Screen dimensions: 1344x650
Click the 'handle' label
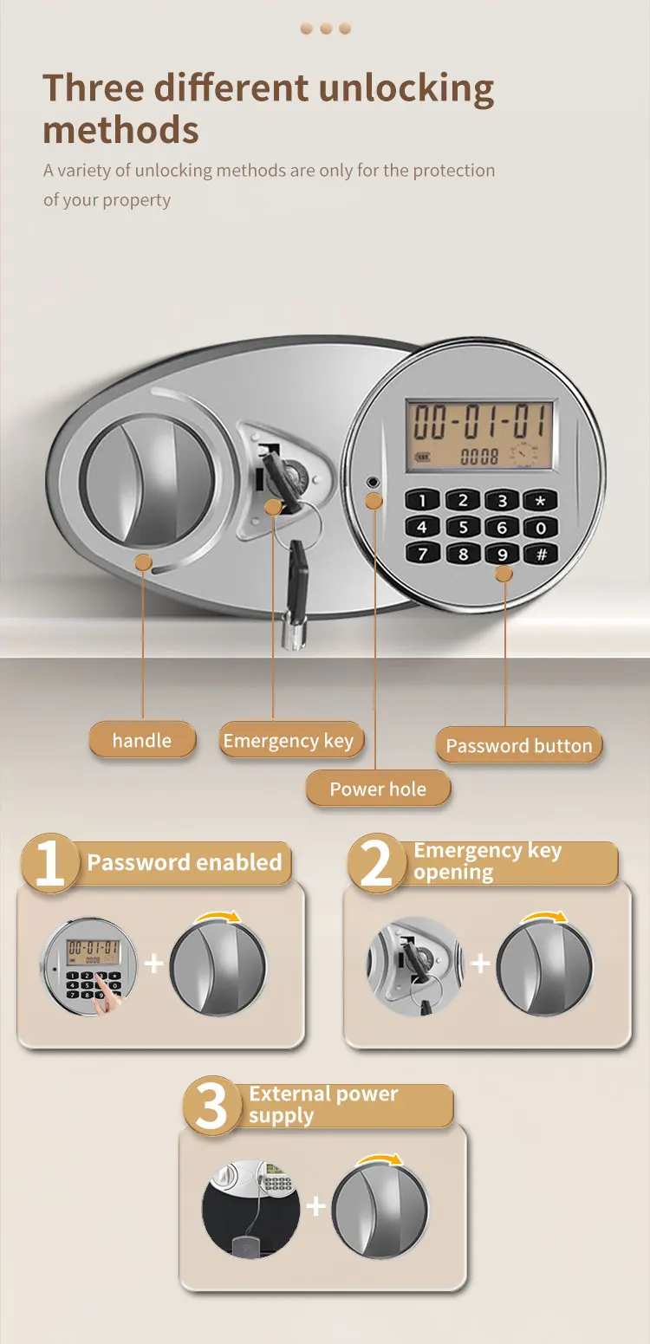pos(142,741)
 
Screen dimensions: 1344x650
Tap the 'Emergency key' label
pos(289,741)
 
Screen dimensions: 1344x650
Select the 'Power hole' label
pos(378,789)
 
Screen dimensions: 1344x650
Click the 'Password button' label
pos(518,746)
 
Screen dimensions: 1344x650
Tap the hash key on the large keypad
pos(541,555)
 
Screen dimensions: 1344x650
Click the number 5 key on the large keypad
pos(463,528)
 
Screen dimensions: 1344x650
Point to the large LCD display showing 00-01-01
pos(480,433)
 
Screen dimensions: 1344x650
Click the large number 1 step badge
pos(50,862)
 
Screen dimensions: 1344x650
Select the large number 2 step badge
pos(376,862)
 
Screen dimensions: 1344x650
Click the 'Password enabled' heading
pos(185,863)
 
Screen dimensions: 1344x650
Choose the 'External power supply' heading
pos(323,1105)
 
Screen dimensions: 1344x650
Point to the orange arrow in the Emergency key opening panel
pos(544,918)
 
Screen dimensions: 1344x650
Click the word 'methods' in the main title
pos(120,131)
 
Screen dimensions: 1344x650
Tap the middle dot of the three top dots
pos(326,29)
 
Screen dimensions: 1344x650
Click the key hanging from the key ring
pos(296,589)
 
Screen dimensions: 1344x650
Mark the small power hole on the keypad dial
pos(373,482)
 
